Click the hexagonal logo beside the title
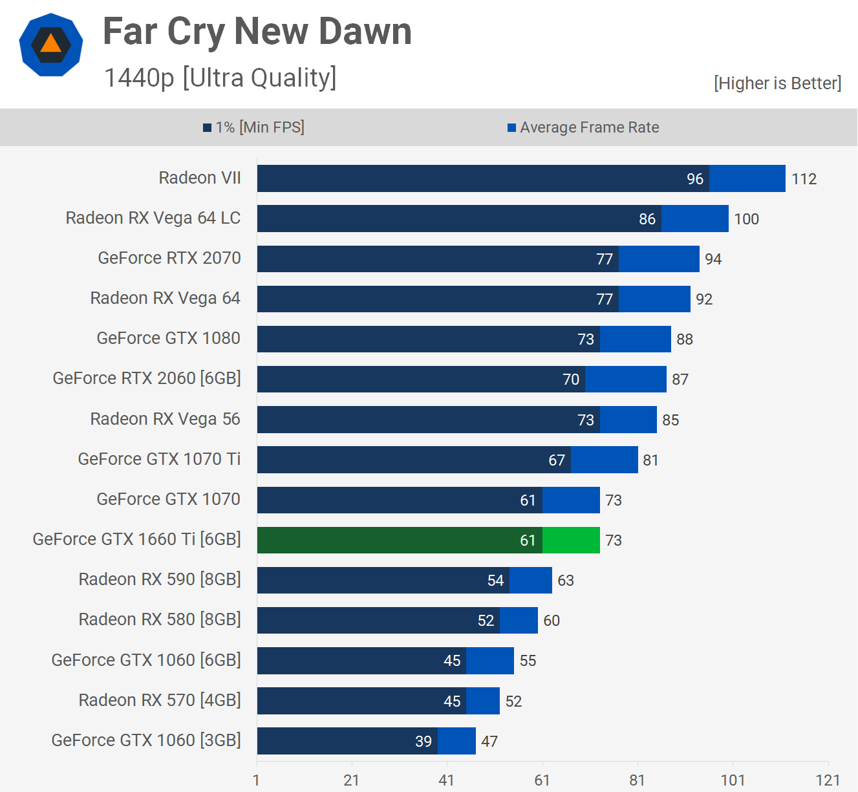point(51,45)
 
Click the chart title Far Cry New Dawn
point(257,31)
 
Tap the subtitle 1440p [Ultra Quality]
point(220,78)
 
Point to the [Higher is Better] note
point(777,83)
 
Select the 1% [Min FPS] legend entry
point(254,127)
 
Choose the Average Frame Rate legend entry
point(583,127)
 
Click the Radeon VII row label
point(200,178)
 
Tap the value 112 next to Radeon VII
point(804,179)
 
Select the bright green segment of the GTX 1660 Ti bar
point(571,540)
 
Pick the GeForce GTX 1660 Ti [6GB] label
point(137,539)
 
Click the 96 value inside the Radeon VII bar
point(695,179)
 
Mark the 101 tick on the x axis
point(733,780)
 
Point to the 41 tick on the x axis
point(446,780)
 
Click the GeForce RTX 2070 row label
point(169,258)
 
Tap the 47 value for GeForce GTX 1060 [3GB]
point(489,742)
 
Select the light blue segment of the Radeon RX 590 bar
point(531,581)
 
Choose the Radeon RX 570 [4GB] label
point(160,700)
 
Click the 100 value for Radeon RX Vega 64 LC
point(746,219)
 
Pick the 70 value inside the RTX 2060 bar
point(571,380)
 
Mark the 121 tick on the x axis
point(828,780)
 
